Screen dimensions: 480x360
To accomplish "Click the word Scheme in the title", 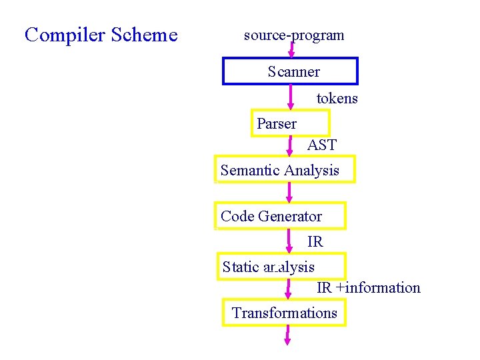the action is click(x=145, y=35).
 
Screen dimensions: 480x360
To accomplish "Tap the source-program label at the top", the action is click(x=294, y=35).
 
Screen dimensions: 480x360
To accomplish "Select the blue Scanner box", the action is click(x=290, y=71).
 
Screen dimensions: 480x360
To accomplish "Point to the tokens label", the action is click(x=337, y=99).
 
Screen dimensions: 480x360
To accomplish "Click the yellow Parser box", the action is click(x=290, y=123).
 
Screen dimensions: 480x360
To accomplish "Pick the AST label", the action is click(x=322, y=145).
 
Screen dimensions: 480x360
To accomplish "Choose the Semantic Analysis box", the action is click(x=285, y=170).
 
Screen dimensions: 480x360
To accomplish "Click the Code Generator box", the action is click(x=280, y=216).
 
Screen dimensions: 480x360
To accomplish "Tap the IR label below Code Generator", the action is click(x=315, y=241).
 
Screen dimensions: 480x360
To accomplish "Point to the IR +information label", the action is click(x=368, y=288).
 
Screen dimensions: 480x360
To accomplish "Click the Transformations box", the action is click(x=285, y=313).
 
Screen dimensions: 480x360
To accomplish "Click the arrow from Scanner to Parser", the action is click(x=290, y=97).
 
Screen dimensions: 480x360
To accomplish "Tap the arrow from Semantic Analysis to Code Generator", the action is click(x=289, y=192).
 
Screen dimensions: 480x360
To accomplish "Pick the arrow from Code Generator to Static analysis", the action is click(x=290, y=241).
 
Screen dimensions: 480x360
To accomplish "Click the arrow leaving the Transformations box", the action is click(x=287, y=335).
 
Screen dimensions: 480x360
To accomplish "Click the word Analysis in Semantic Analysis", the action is click(x=312, y=170).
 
